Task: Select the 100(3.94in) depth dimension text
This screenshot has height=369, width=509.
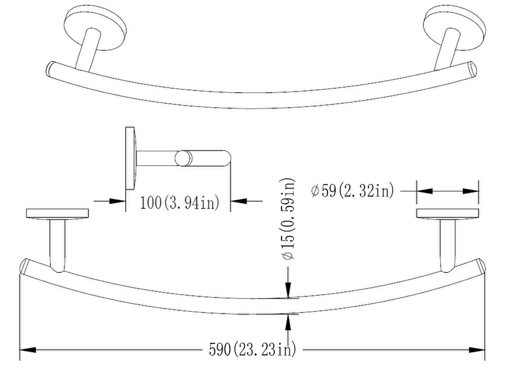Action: pos(180,203)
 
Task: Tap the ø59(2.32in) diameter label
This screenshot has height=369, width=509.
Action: pos(352,191)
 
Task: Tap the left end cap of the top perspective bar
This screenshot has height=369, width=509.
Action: pos(50,69)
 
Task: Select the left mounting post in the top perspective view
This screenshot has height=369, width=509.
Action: pos(88,50)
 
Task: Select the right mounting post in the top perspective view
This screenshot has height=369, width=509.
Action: pos(444,50)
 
